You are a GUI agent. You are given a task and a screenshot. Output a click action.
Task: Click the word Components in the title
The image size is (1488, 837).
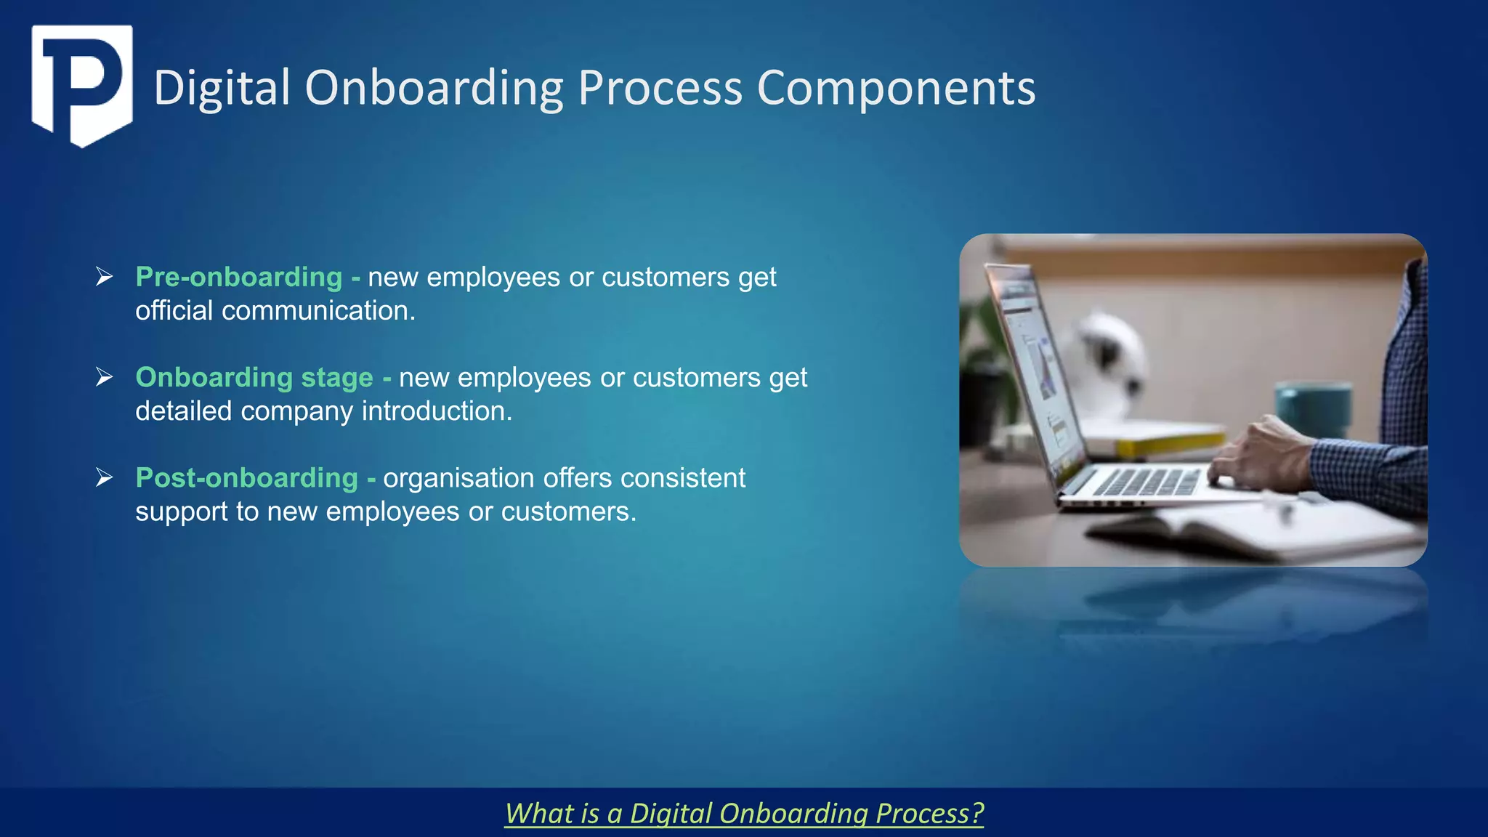pyautogui.click(x=896, y=89)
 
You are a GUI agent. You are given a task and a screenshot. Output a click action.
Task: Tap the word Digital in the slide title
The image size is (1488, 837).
pyautogui.click(x=222, y=89)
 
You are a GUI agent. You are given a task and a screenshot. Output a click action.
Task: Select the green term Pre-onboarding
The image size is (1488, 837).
pyautogui.click(x=238, y=277)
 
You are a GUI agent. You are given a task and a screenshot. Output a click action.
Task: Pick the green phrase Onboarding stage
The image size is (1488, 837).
pyautogui.click(x=254, y=377)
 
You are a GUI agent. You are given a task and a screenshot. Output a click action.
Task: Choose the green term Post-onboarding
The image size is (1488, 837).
pyautogui.click(x=246, y=478)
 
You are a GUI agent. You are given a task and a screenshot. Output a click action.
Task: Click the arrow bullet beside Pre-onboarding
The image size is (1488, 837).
pyautogui.click(x=104, y=277)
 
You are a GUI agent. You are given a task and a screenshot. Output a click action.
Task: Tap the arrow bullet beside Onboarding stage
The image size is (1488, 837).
pyautogui.click(x=104, y=377)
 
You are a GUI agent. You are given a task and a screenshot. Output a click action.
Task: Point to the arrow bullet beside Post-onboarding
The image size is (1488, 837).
pyautogui.click(x=104, y=478)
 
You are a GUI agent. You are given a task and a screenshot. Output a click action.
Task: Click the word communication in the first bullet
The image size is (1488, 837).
pyautogui.click(x=318, y=311)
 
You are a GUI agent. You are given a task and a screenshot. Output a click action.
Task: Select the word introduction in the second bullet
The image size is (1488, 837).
pyautogui.click(x=437, y=411)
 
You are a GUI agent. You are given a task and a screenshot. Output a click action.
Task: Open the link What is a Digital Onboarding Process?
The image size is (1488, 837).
pyautogui.click(x=744, y=813)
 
